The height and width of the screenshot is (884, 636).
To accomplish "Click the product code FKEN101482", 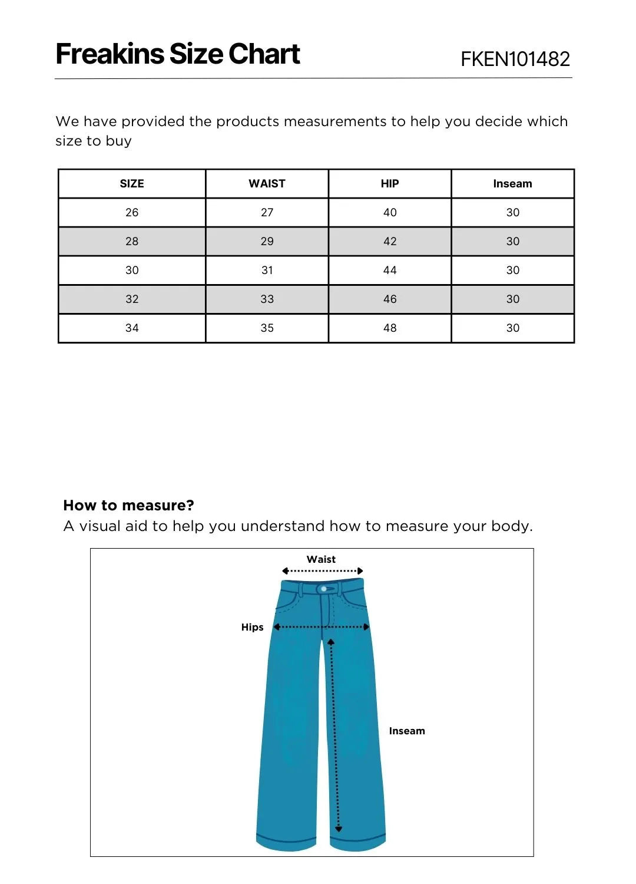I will pos(515,59).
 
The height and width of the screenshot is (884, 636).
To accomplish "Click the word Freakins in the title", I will pos(110,54).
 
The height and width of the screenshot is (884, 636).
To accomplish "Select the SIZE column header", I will pos(132,184).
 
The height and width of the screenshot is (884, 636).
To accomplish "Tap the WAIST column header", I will pos(267,184).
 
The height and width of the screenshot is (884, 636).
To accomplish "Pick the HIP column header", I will pos(390,184).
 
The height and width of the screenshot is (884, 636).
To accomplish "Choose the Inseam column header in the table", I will pos(512,184).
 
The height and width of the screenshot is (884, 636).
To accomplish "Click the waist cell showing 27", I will pos(267,213).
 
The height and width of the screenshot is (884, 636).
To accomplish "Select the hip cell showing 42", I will pos(390,242).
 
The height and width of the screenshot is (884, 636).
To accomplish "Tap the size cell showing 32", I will pos(132,299).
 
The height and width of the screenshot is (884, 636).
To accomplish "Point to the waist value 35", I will pos(267,328).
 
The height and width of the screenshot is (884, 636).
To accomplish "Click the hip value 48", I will pos(390,328).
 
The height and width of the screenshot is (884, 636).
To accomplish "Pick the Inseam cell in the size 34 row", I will pos(512,328).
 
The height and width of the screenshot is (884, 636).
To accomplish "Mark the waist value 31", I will pos(267,271).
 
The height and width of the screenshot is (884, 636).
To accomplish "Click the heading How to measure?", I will pos(128,506).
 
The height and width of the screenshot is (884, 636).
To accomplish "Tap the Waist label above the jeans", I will pos(321,559).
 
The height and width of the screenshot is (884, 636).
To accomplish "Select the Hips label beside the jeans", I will pos(252,627).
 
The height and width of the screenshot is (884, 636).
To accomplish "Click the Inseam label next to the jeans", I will pos(406,731).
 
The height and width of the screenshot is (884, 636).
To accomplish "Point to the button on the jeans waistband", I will pos(324,589).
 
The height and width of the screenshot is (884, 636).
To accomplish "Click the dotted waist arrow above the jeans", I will pos(322,571).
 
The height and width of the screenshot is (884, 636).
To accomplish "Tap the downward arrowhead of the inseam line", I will pos(338,829).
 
